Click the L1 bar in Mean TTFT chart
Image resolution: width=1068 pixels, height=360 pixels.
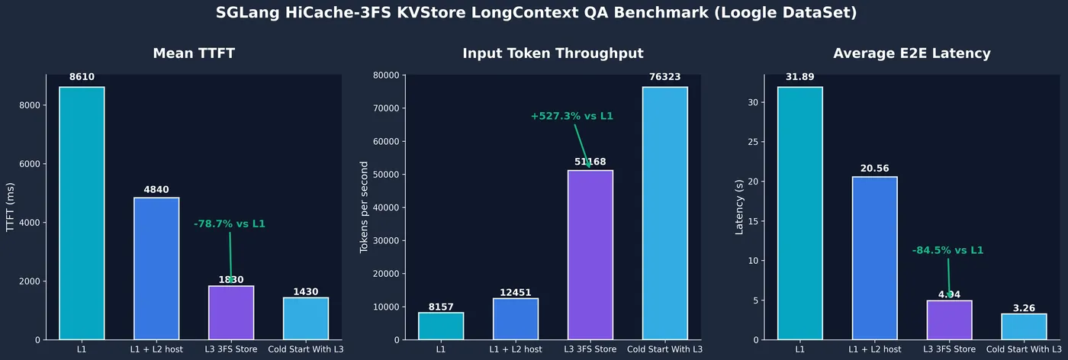click(82, 214)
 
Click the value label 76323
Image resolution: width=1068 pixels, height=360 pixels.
click(665, 77)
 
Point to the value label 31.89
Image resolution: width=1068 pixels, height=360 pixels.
click(800, 77)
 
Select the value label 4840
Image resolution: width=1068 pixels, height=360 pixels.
click(156, 189)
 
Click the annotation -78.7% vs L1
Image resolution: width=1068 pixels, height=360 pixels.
click(230, 224)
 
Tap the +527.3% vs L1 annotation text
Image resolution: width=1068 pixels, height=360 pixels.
click(572, 117)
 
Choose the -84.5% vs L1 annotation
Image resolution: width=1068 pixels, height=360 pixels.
click(947, 250)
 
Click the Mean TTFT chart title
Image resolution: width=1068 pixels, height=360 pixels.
click(194, 53)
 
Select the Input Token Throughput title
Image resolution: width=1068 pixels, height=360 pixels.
click(553, 53)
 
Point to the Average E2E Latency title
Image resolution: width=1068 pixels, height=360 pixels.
click(912, 53)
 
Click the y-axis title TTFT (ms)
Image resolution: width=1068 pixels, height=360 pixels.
click(11, 207)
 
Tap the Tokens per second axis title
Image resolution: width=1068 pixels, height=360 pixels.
click(365, 207)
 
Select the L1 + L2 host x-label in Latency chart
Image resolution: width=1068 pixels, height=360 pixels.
click(874, 349)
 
